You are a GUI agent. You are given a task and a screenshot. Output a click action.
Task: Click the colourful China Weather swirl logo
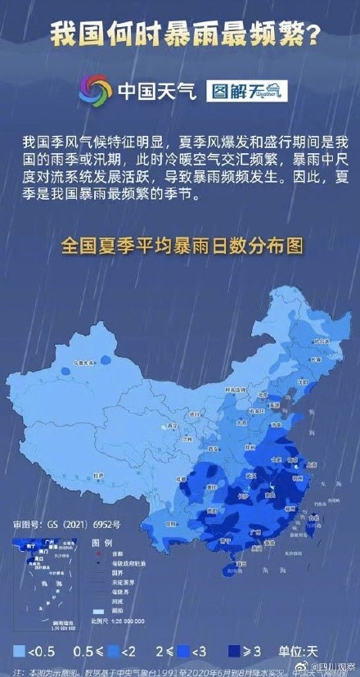[94, 90]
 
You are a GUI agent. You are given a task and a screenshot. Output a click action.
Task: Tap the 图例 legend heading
[102, 543]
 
